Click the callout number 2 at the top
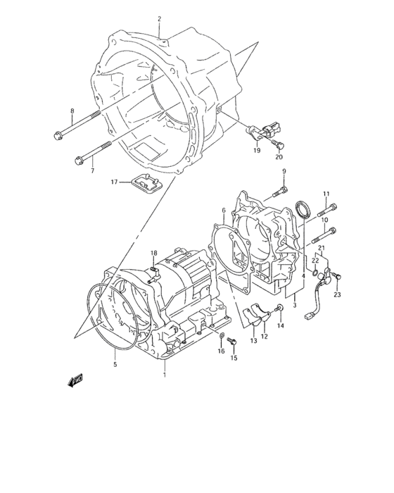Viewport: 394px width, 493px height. tap(159, 19)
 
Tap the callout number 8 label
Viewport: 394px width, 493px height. tap(72, 111)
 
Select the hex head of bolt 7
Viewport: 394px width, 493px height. tap(79, 161)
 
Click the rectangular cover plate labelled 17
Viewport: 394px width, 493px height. tap(147, 184)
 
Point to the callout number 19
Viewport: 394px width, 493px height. tap(257, 150)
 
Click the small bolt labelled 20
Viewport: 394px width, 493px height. tap(279, 144)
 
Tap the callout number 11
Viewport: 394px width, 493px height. tap(326, 194)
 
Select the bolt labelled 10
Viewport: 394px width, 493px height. tap(324, 235)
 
